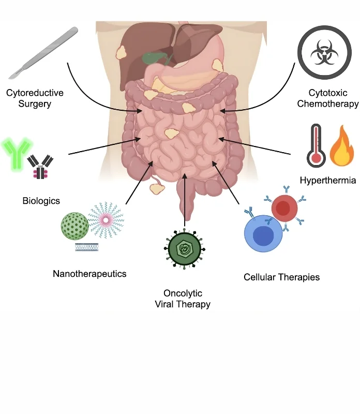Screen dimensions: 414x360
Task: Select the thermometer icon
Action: (314, 145)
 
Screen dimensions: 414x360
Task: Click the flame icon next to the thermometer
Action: (341, 146)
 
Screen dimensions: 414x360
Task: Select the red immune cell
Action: (284, 209)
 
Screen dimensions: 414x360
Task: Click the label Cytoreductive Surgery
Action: (35, 98)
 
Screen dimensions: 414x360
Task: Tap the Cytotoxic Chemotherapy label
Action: (327, 98)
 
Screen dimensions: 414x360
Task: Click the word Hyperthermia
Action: (327, 181)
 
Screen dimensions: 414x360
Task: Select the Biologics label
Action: (41, 200)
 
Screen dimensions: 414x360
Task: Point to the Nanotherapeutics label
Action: (89, 274)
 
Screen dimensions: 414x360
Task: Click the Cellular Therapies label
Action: (281, 277)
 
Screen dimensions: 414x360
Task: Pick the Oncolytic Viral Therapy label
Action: (183, 299)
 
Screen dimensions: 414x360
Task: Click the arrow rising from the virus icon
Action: (185, 202)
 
